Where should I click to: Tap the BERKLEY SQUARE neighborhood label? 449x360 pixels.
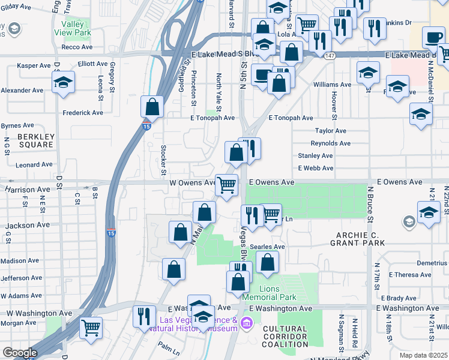pyautogui.click(x=36, y=140)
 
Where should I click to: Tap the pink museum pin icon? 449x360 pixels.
pyautogui.click(x=246, y=324)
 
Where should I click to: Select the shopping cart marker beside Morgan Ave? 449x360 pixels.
pyautogui.click(x=91, y=327)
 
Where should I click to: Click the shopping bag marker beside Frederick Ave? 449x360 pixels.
pyautogui.click(x=152, y=107)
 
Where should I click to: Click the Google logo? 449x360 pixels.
pyautogui.click(x=19, y=353)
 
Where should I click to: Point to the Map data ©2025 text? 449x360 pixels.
pyautogui.click(x=424, y=355)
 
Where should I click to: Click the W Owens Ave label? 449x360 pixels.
pyautogui.click(x=192, y=182)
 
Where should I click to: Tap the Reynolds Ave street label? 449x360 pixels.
pyautogui.click(x=330, y=143)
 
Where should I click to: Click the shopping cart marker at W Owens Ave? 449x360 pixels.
pyautogui.click(x=226, y=184)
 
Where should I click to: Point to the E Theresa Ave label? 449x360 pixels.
pyautogui.click(x=410, y=275)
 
